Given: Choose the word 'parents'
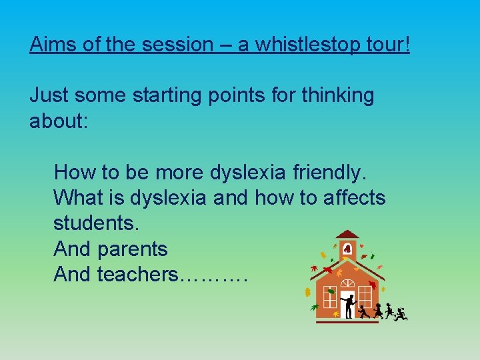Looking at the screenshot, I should tap(132, 249).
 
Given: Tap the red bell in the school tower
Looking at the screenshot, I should tap(347, 248).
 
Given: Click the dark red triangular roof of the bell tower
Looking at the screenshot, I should tap(347, 234).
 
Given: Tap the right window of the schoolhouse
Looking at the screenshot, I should tap(365, 295).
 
